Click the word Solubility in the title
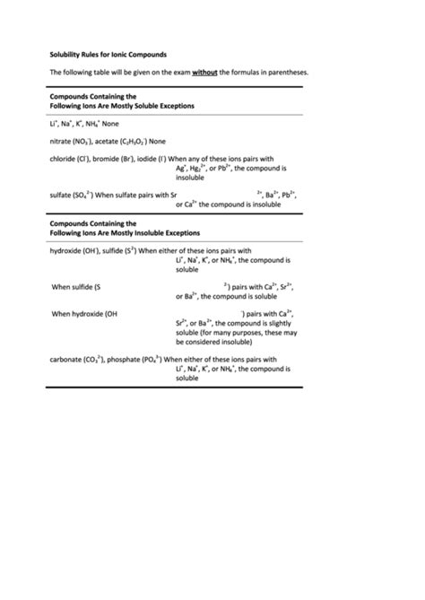click(65, 54)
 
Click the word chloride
click(64, 159)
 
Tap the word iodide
click(147, 159)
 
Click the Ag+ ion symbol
click(181, 169)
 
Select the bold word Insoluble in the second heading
click(151, 232)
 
